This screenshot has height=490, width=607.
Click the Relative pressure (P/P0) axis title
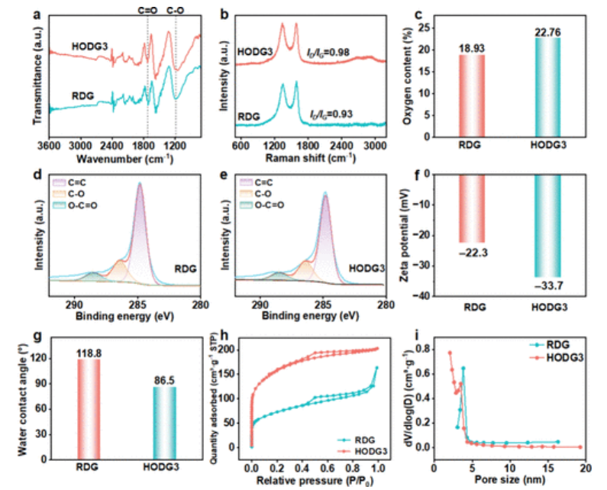click(313, 479)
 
